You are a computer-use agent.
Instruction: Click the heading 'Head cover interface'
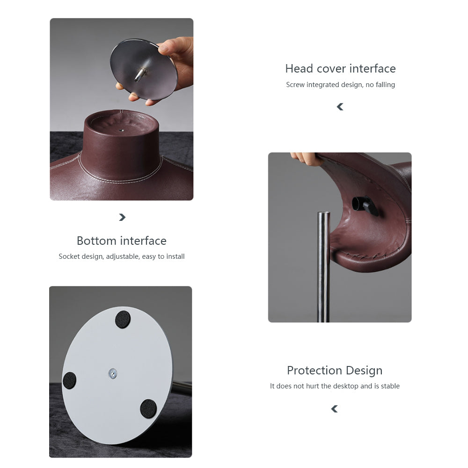click(340, 69)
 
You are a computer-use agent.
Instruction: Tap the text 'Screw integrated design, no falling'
click(340, 85)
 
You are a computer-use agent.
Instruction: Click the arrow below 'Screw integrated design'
click(340, 107)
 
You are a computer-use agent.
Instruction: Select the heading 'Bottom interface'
click(122, 241)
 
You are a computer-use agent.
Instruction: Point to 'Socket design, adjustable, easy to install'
click(122, 256)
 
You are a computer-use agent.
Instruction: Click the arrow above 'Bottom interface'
click(122, 217)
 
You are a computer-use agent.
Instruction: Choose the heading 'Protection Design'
click(335, 370)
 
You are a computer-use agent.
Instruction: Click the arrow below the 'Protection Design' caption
click(334, 409)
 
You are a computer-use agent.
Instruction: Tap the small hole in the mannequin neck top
click(121, 130)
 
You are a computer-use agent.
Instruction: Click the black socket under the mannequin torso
click(365, 205)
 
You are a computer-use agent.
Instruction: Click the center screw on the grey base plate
click(112, 373)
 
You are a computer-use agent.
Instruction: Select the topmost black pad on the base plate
click(123, 319)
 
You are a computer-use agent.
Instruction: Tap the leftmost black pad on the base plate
click(70, 380)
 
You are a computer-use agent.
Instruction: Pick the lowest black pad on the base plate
click(148, 409)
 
